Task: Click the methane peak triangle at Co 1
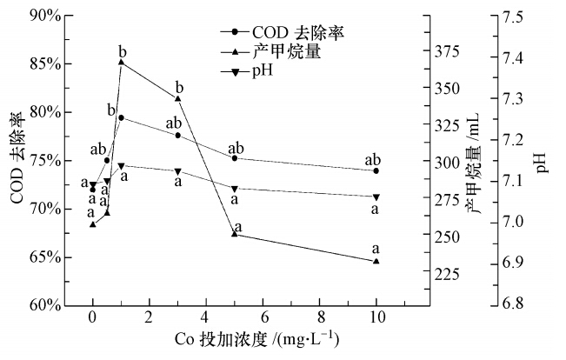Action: coord(121,62)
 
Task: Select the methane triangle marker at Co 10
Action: coord(376,261)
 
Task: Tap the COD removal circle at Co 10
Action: coord(376,170)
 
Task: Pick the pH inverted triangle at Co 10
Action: coord(376,197)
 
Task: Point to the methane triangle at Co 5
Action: coord(234,234)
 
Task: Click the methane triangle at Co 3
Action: coord(177,98)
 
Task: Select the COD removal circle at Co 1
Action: coord(121,117)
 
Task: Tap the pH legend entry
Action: coord(262,70)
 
